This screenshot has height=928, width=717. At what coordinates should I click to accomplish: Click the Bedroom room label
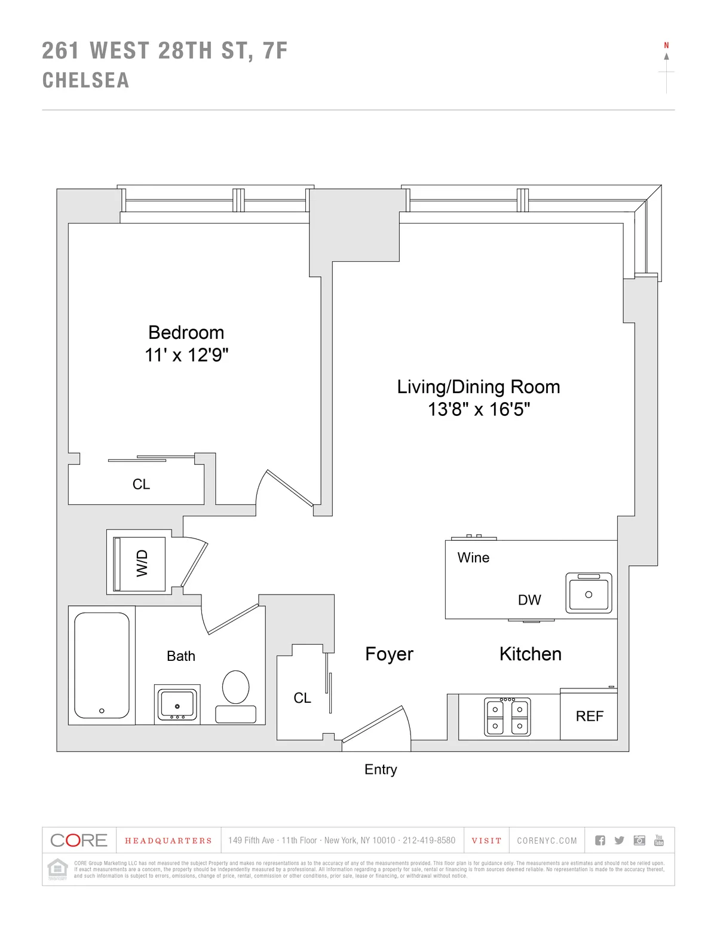click(x=186, y=332)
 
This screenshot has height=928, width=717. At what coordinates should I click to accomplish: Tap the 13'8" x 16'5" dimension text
click(x=479, y=409)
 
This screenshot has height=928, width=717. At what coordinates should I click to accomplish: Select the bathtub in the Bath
click(x=102, y=665)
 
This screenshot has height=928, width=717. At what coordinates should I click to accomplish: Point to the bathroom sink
click(x=177, y=703)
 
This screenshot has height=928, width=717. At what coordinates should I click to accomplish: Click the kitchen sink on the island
click(x=589, y=594)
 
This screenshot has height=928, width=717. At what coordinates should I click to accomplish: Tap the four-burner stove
click(x=507, y=716)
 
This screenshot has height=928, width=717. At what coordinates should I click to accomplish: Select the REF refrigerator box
click(x=589, y=716)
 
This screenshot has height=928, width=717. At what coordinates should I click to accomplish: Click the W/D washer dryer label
click(x=142, y=563)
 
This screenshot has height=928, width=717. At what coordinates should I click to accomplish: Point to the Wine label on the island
click(x=473, y=558)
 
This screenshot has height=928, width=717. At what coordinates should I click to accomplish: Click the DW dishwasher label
click(x=529, y=600)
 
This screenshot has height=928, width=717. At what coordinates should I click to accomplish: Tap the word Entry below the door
click(x=381, y=770)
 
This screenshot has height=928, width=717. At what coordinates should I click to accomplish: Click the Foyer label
click(x=389, y=654)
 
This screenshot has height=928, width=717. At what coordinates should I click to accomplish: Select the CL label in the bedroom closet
click(x=141, y=484)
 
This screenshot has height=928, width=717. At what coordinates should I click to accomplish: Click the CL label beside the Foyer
click(x=302, y=698)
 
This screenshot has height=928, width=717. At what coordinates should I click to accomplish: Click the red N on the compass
click(x=666, y=45)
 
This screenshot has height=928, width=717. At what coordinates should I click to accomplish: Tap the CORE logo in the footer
click(x=79, y=840)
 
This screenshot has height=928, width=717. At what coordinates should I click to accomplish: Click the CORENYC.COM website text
click(x=547, y=841)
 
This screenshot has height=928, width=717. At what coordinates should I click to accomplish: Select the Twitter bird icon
click(x=619, y=840)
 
